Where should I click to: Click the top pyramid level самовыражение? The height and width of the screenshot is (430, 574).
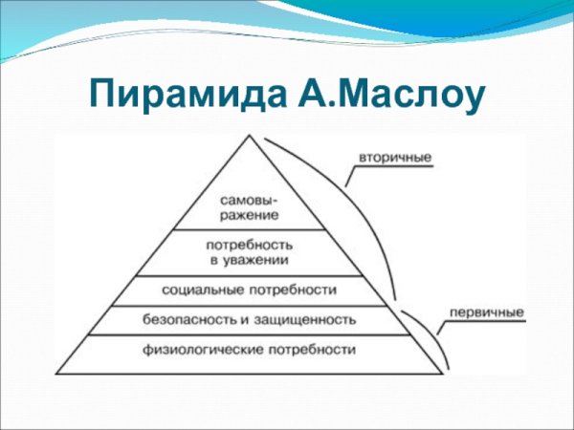tap(248, 207)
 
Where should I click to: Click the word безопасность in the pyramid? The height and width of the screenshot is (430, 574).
tap(186, 319)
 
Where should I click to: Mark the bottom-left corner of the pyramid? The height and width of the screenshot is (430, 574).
tap(57, 373)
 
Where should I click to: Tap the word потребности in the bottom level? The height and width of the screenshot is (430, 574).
tap(313, 350)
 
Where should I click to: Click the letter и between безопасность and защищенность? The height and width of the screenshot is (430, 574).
tap(254, 319)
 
